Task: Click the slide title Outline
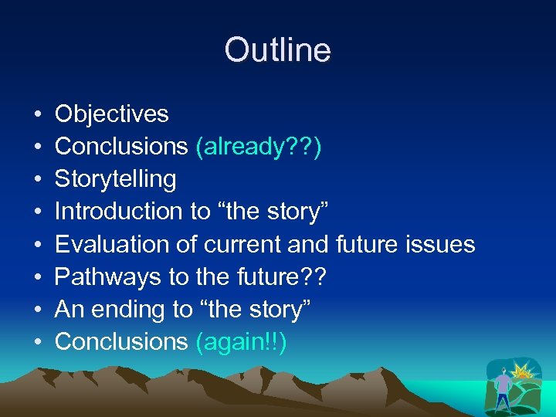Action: (277, 51)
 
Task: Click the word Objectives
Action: (111, 114)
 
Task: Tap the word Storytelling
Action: (116, 179)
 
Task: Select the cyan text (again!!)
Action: (241, 341)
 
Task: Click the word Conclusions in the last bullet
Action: (121, 341)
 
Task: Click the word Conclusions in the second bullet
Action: (121, 147)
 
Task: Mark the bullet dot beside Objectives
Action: (38, 115)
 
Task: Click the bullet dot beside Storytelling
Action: (38, 180)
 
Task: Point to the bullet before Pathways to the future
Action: (38, 277)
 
